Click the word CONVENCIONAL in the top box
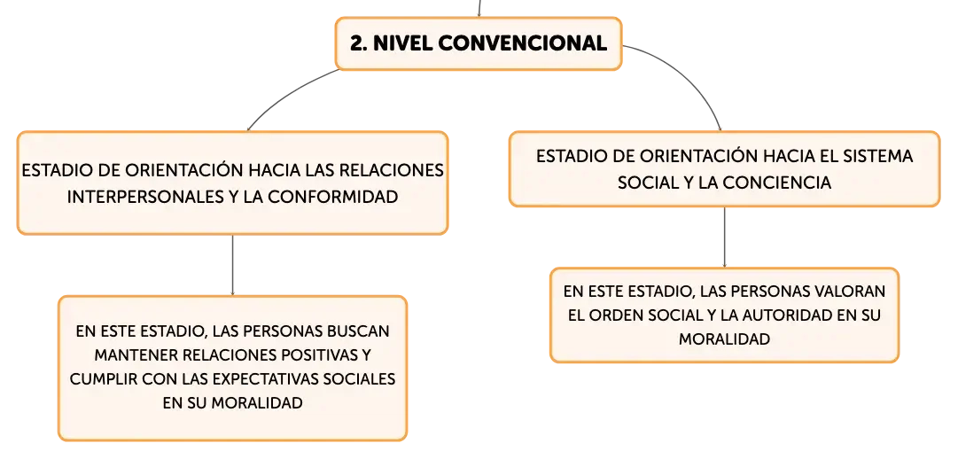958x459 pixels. pyautogui.click(x=522, y=43)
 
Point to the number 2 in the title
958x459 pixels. pyautogui.click(x=358, y=43)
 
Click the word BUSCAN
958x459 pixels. pyautogui.click(x=358, y=331)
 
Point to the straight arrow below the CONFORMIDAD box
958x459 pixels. pyautogui.click(x=233, y=265)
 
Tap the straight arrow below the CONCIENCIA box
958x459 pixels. pyautogui.click(x=725, y=237)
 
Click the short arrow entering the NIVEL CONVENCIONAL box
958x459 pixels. pyautogui.click(x=479, y=9)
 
